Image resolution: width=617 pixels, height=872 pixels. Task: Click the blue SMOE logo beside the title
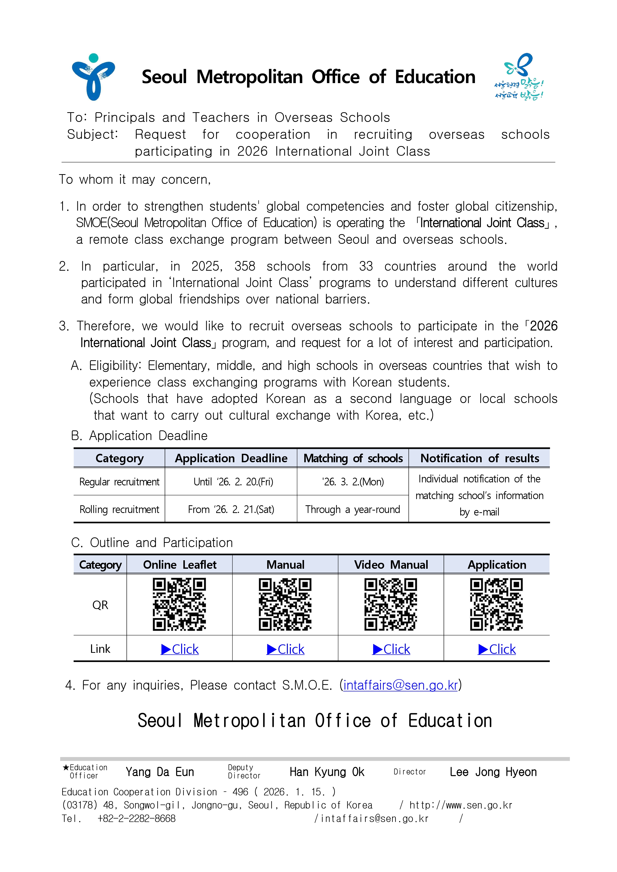(93, 77)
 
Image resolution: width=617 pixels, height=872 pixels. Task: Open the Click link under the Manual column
(286, 649)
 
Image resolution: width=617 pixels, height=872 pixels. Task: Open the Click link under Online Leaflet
(180, 649)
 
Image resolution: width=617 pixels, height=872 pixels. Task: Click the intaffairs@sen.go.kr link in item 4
(401, 685)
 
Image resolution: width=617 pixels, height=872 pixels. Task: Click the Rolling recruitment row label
(119, 510)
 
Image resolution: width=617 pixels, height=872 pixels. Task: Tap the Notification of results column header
(479, 458)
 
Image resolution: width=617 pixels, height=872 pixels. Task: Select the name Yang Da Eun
(160, 772)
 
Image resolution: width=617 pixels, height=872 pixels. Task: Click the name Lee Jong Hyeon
(493, 772)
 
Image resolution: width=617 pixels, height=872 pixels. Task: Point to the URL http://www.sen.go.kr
(461, 805)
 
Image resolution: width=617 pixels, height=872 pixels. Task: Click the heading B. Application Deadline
(139, 436)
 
